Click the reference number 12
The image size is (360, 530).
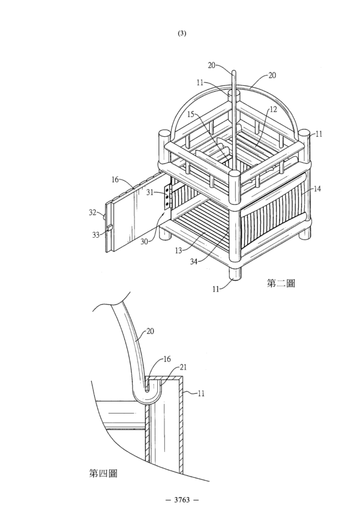[x=273, y=109]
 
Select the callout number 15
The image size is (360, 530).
[x=191, y=114]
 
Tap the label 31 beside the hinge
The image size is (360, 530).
[x=150, y=192]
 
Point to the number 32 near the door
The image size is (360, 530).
[x=92, y=212]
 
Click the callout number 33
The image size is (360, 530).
[x=96, y=234]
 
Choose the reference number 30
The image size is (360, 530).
[x=145, y=241]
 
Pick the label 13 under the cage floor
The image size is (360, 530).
[x=178, y=250]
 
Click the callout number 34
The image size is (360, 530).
[x=194, y=261]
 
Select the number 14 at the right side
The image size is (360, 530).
[x=317, y=189]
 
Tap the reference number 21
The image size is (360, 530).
[x=183, y=367]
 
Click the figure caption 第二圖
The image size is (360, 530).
[x=281, y=283]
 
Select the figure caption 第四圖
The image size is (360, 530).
[x=103, y=473]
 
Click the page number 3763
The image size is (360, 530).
[x=182, y=500]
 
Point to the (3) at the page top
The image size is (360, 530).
[x=182, y=33]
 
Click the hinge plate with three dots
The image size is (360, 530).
[x=167, y=196]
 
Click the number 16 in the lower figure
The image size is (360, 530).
[x=167, y=359]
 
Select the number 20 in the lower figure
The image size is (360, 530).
[x=150, y=331]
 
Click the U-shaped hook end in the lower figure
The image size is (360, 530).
[x=148, y=394]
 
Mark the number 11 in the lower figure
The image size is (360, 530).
[x=201, y=393]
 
